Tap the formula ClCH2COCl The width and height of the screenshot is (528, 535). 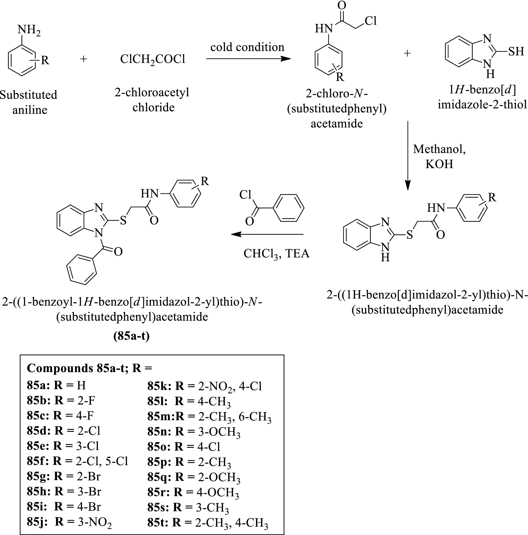coord(153,59)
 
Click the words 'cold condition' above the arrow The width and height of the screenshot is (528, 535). coord(247,47)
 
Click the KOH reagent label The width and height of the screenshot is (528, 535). coord(439,164)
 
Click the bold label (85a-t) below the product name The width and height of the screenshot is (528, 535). coord(131,336)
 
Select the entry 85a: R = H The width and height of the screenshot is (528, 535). coord(57,385)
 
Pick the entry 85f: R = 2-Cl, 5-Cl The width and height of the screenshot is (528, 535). coord(78,461)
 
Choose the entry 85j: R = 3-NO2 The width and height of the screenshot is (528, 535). coord(69,522)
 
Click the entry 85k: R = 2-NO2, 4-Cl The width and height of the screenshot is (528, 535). coord(205,386)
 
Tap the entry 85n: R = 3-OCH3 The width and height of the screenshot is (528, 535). coord(194,432)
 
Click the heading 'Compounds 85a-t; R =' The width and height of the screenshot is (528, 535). coord(89,368)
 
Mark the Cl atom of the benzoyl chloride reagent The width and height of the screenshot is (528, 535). coord(245,195)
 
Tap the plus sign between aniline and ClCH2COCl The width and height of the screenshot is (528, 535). coord(83,59)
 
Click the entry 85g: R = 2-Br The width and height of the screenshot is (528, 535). coord(64,476)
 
